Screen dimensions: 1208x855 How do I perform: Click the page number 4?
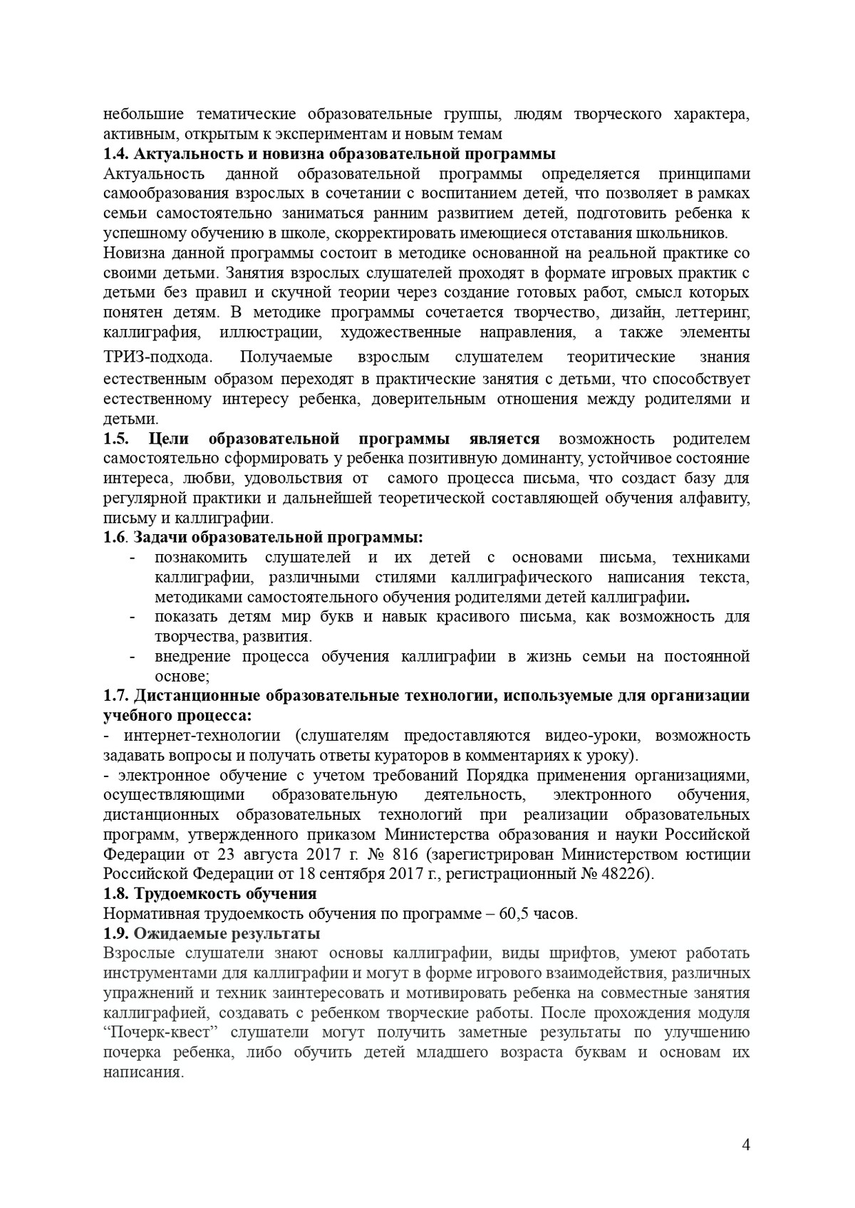[x=745, y=1145]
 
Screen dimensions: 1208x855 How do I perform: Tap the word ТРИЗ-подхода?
[x=157, y=357]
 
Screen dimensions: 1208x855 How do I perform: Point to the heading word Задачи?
[x=162, y=537]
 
